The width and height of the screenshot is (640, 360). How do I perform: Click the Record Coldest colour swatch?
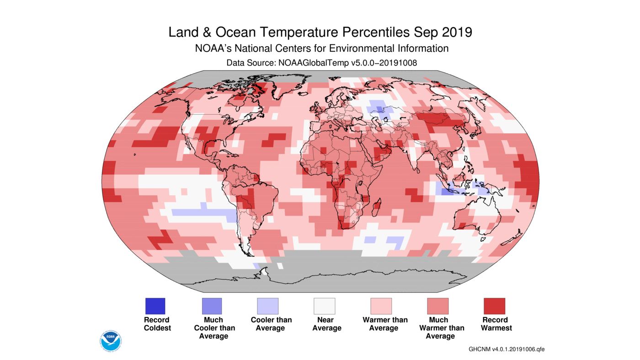pyautogui.click(x=155, y=306)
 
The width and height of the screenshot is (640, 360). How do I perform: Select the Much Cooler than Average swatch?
pyautogui.click(x=212, y=306)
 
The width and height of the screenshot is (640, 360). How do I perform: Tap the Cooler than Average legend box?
pyautogui.click(x=267, y=306)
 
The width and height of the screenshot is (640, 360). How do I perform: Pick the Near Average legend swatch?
pyautogui.click(x=324, y=306)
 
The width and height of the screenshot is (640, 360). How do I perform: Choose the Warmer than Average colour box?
pyautogui.click(x=381, y=306)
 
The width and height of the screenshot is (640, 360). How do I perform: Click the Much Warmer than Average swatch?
pyautogui.click(x=437, y=306)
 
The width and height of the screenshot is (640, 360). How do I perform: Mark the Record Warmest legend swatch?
pyautogui.click(x=494, y=306)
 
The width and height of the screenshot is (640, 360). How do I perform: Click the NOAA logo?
pyautogui.click(x=110, y=339)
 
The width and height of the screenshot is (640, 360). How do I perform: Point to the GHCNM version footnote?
pyautogui.click(x=507, y=349)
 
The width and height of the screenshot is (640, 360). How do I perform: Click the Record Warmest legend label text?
pyautogui.click(x=496, y=324)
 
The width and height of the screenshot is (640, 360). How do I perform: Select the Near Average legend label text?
pyautogui.click(x=326, y=324)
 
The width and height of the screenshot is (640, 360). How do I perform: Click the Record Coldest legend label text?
pyautogui.click(x=157, y=324)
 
